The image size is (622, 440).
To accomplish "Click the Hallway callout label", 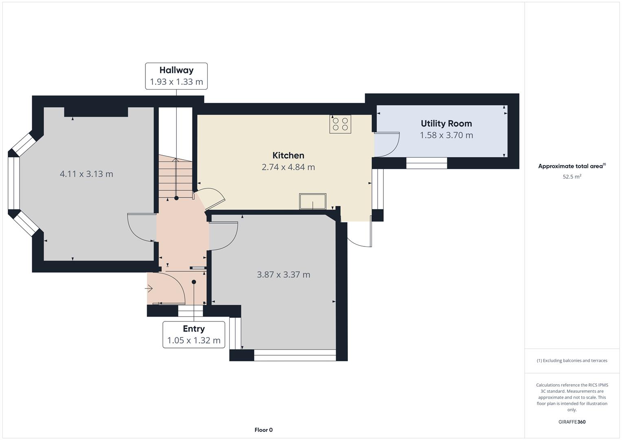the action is (176, 76).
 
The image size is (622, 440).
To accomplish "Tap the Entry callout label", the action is (194, 334).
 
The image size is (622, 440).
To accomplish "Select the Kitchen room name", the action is (288, 155).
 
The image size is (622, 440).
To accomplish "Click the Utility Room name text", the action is (446, 123).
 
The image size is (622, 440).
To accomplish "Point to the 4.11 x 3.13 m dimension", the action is (86, 174).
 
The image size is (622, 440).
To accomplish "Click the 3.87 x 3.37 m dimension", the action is (283, 275).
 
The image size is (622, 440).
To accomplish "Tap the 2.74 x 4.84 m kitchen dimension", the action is (288, 167).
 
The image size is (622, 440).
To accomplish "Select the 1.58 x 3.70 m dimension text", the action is (446, 135).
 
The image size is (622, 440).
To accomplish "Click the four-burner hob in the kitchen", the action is (340, 124).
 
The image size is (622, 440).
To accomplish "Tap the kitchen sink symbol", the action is (313, 201).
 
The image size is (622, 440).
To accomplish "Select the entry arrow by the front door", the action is (149, 288).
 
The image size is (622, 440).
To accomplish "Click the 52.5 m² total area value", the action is (572, 177).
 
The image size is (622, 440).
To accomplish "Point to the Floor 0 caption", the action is (264, 430).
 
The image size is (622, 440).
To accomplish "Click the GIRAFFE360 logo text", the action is (572, 422).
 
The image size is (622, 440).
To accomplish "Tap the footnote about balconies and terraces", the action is (572, 361).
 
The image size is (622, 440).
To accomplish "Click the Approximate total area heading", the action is (572, 166).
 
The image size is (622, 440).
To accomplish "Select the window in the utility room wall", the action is (426, 163).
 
